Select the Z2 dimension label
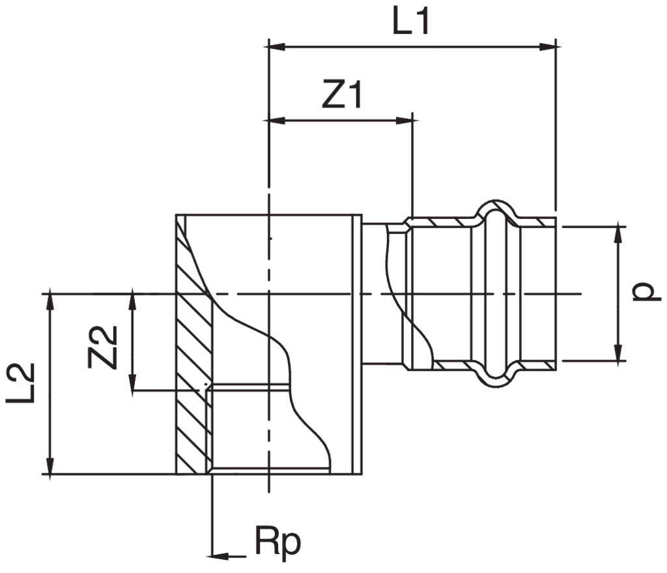tap(103, 346)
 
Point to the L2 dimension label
tap(20, 384)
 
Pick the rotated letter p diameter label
tap(644, 293)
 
